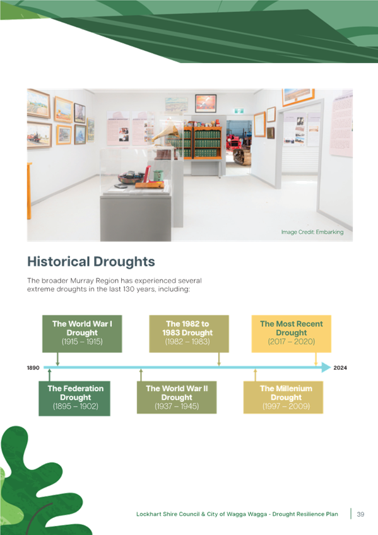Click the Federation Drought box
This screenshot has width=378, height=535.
coord(74,398)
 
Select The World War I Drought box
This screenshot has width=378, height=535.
coord(82,334)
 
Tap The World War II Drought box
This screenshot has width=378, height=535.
coord(177,397)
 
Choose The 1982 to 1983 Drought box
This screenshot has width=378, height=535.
coord(189,334)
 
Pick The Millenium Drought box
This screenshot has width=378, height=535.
coord(283,397)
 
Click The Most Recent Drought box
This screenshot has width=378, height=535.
coord(292,334)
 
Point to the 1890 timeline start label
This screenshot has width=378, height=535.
coord(33,368)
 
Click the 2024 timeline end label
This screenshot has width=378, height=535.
coord(340,368)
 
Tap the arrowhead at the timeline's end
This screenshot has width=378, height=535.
coord(326,367)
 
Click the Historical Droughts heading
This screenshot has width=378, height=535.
coord(91,262)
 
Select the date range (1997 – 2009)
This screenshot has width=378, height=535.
coord(286,406)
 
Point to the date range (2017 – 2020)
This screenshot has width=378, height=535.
coord(292,341)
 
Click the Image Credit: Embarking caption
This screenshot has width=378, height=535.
coord(312,232)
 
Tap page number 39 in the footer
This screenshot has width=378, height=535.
coord(360,514)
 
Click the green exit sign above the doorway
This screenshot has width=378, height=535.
coord(239,111)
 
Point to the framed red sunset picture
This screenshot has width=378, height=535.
coord(206,103)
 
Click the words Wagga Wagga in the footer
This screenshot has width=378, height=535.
coord(247,514)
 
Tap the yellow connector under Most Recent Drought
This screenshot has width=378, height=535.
coord(316,359)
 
